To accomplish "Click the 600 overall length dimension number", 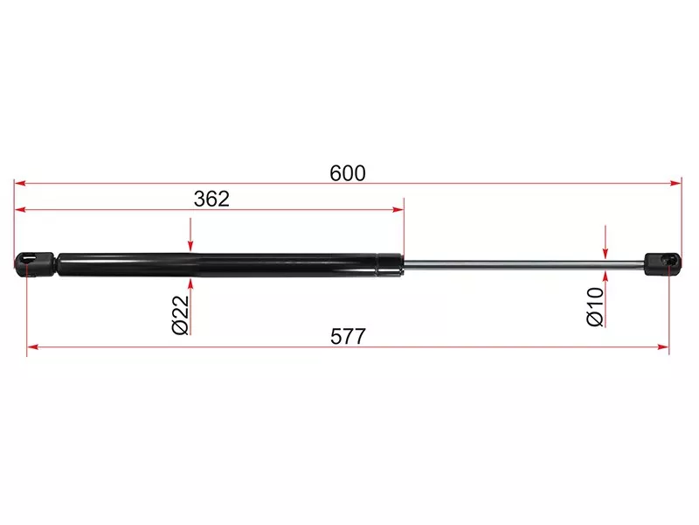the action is click(348, 173).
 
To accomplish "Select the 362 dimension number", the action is click(211, 199).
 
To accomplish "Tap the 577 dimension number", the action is click(348, 337).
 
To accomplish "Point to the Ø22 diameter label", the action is click(181, 314).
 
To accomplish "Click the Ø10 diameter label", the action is click(596, 307).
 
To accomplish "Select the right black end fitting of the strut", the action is click(662, 264).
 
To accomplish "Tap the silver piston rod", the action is click(523, 265).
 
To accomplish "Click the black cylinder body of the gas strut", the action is click(218, 265).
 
